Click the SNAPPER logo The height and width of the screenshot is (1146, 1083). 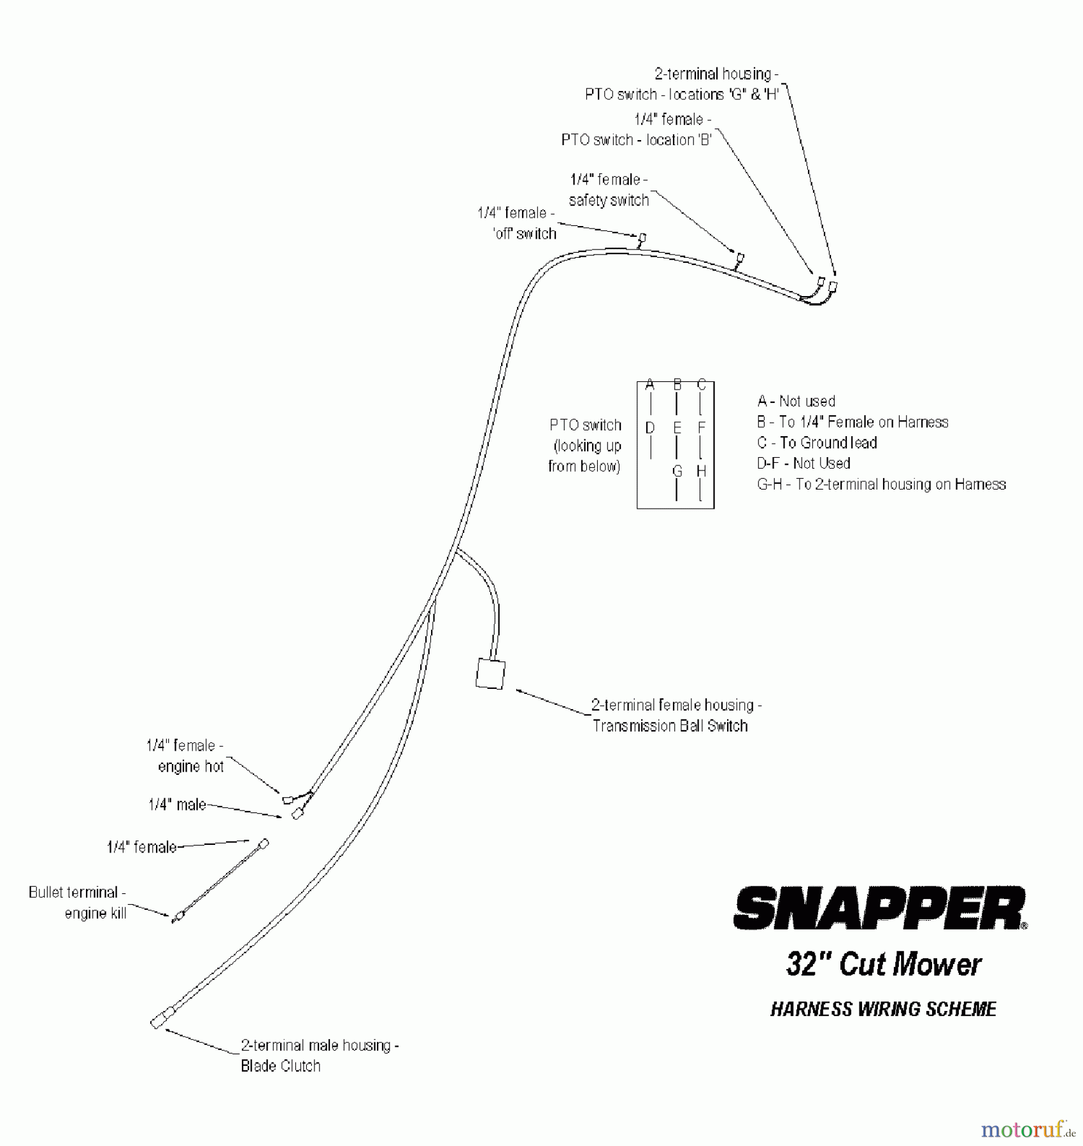(881, 908)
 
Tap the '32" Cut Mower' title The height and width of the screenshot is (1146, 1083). (884, 964)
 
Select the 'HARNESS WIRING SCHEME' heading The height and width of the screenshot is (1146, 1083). (883, 1009)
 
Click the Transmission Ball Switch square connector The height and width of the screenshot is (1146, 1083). (490, 674)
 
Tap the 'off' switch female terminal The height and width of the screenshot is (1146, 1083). (642, 239)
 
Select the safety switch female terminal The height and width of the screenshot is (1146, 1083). (740, 258)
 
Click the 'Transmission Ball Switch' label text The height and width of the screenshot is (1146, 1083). (670, 726)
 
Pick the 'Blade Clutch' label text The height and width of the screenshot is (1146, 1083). (280, 1066)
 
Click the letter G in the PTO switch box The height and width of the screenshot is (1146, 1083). (677, 471)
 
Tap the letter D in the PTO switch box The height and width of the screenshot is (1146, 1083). (650, 428)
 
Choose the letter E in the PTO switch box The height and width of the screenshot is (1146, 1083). (677, 428)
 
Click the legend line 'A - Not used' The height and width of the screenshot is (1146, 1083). (796, 401)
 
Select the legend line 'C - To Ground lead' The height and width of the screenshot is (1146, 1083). (817, 442)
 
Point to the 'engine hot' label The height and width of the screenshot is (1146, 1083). (191, 767)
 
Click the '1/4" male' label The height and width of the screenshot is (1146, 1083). (177, 805)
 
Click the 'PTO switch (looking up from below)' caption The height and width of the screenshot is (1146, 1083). (584, 446)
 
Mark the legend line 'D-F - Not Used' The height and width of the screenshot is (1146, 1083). (803, 463)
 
